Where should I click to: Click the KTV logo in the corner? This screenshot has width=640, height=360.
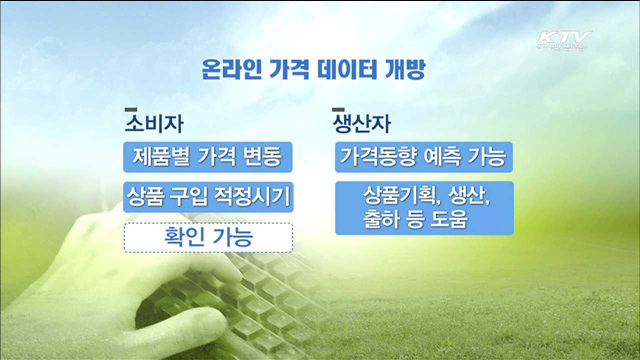(564, 41)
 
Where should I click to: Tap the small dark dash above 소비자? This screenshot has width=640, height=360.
(129, 109)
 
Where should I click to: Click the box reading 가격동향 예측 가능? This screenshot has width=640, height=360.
(424, 157)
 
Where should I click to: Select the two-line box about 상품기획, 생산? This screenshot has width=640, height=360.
(424, 206)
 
